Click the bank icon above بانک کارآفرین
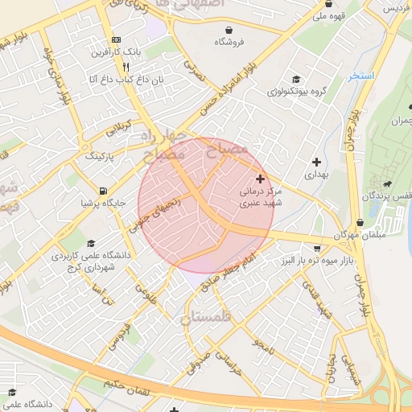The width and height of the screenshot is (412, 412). click(117, 39)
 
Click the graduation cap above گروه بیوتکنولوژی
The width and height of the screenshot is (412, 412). click(296, 79)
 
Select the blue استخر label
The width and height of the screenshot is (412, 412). click(361, 76)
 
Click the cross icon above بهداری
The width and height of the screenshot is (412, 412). click(315, 161)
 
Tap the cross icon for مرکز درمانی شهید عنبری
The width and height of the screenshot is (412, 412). click(259, 178)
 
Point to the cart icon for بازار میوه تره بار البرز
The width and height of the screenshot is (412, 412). click(318, 248)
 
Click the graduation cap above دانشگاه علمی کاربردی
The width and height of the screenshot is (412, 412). click(91, 243)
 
